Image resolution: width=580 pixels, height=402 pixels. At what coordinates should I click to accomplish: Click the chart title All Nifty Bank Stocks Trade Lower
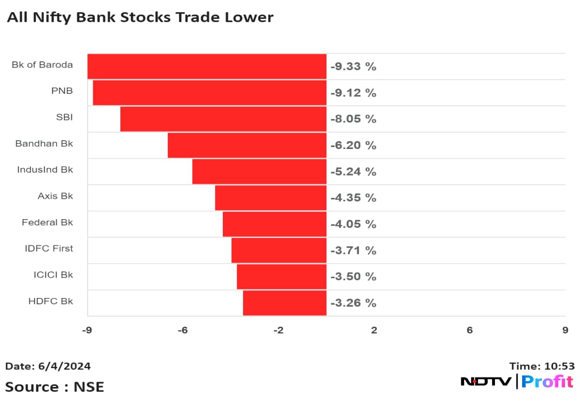pos(140,17)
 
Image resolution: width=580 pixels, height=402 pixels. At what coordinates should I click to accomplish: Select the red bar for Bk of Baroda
pos(207,66)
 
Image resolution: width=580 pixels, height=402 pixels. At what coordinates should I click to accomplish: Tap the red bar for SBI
pos(223,119)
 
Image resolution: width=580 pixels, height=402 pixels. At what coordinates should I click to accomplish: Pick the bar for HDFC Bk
pos(285,303)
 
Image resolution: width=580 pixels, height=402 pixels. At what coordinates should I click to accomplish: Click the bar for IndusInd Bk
pos(259,171)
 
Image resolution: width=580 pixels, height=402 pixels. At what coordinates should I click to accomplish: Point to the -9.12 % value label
pos(353,93)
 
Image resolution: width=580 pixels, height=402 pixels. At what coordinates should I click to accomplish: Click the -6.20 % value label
pos(353,145)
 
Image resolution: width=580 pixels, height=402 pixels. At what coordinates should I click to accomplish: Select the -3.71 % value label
pos(353,251)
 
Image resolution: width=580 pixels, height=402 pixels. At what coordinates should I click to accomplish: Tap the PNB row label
pos(62,91)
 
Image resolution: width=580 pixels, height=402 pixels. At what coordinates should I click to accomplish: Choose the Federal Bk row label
pos(47,223)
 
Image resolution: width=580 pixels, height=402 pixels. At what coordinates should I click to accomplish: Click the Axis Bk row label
pos(56,196)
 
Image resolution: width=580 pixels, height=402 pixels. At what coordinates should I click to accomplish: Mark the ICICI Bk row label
pos(53,275)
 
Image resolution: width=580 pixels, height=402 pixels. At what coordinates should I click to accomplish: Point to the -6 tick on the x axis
pos(183,330)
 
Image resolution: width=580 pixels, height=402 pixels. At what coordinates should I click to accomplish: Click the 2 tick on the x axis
pos(374,330)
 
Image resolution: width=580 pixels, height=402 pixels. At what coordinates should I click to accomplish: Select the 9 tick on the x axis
pos(565,330)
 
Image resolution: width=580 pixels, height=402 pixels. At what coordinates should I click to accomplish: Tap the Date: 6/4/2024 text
pos(48,366)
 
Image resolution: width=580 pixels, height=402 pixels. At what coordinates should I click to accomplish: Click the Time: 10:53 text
pos(542,366)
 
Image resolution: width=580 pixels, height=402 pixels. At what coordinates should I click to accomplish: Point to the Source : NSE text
pos(55,387)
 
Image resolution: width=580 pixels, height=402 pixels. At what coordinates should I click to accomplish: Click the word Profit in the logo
pos(547,382)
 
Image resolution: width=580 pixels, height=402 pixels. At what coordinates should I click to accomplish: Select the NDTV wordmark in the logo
pos(486,382)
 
